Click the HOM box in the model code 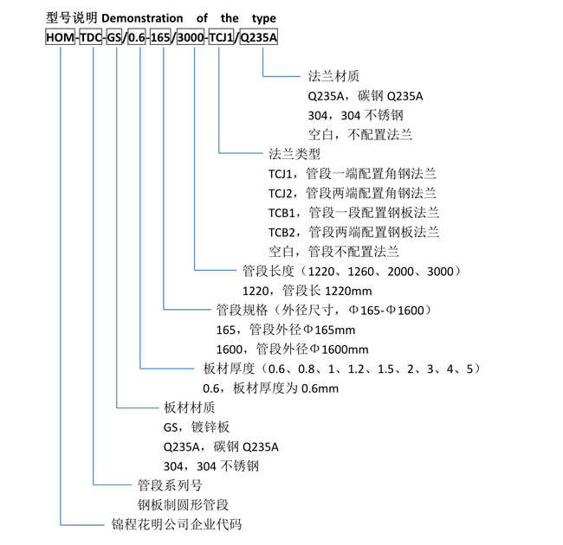coord(61,37)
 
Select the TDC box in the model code coord(91,37)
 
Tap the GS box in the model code coord(114,37)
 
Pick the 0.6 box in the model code coord(137,37)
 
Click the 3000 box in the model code coord(191,37)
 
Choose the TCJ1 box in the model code coord(221,37)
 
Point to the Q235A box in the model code coord(258,37)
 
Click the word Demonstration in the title coord(142,18)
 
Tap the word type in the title coord(264,19)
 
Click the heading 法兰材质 coord(333,76)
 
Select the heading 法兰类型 coord(294,154)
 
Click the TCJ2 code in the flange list coord(281,193)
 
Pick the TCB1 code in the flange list coord(281,213)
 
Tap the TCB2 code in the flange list coord(281,232)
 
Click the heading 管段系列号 coord(170,485)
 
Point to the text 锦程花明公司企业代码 coord(177,524)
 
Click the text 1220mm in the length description coord(348,291)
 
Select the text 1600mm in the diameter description coord(345,349)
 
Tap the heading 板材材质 coord(189,407)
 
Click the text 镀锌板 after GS coord(210,427)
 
